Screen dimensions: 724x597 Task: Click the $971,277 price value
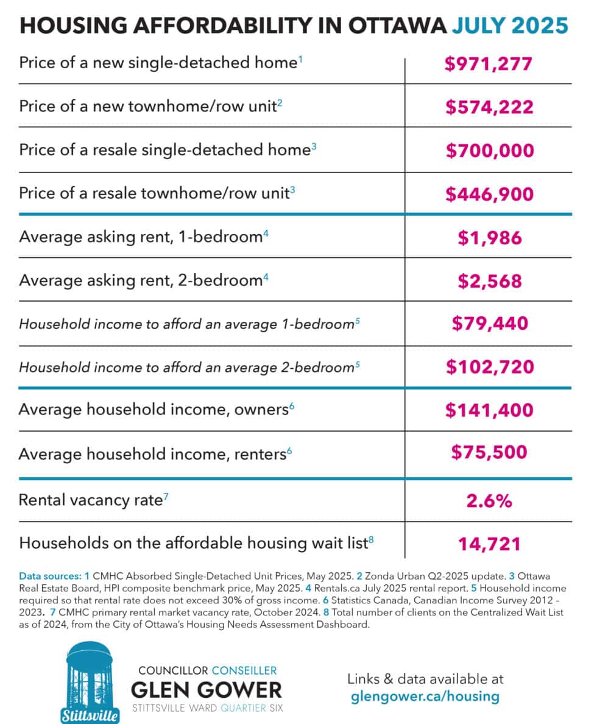point(489,63)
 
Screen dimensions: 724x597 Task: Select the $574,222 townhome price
point(489,107)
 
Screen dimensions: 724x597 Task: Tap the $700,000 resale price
point(489,151)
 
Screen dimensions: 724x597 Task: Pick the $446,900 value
point(489,194)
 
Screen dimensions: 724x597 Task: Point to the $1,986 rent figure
point(489,237)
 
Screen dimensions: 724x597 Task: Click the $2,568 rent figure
point(489,280)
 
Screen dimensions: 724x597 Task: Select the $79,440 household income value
point(489,324)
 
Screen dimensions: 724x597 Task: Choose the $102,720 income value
point(489,367)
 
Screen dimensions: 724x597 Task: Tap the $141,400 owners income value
point(489,410)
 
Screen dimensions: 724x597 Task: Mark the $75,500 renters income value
point(489,452)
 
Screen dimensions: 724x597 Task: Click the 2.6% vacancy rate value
point(489,500)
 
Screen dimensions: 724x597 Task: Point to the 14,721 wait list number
point(489,543)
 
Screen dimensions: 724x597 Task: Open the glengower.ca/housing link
point(425,697)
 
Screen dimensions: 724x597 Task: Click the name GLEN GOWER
point(207,690)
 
